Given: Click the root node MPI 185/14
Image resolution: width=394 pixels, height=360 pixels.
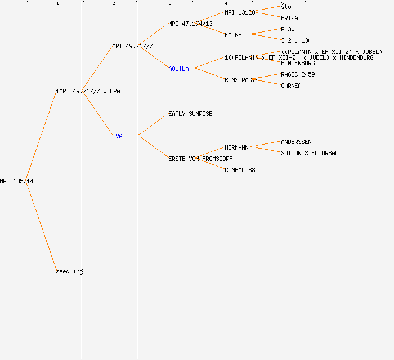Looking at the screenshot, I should click(x=16, y=181).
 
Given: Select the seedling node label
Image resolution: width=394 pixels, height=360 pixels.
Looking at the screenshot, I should click(x=69, y=271).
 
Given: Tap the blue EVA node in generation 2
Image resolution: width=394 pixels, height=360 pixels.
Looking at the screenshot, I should click(x=117, y=136).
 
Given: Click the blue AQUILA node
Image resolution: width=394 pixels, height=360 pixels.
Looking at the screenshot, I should click(x=178, y=69).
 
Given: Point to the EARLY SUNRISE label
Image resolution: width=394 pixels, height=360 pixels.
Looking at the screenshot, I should click(x=190, y=114).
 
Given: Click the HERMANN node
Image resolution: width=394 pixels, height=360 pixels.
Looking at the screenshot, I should click(x=236, y=147).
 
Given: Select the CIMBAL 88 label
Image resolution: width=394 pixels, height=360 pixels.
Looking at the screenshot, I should click(x=240, y=170).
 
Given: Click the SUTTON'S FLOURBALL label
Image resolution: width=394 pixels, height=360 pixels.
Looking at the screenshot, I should click(x=311, y=153).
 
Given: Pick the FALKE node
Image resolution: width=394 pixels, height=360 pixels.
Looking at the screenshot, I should click(x=233, y=35).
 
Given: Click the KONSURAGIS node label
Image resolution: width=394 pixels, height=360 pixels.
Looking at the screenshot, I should click(x=241, y=80).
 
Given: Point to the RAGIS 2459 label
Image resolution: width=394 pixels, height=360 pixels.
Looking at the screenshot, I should click(x=298, y=74).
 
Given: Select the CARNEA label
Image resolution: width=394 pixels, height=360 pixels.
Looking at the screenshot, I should click(x=291, y=85).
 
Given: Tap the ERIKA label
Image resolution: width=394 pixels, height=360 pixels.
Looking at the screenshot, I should click(x=289, y=18).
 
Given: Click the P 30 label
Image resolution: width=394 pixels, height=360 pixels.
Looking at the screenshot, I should click(x=288, y=29).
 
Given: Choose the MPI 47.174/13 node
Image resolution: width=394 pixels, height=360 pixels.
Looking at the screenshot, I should click(x=190, y=24).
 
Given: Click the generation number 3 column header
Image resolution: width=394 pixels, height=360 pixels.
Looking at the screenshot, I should click(x=169, y=3).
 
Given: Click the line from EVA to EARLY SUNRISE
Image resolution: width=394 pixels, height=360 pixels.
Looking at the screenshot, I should click(x=153, y=125).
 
